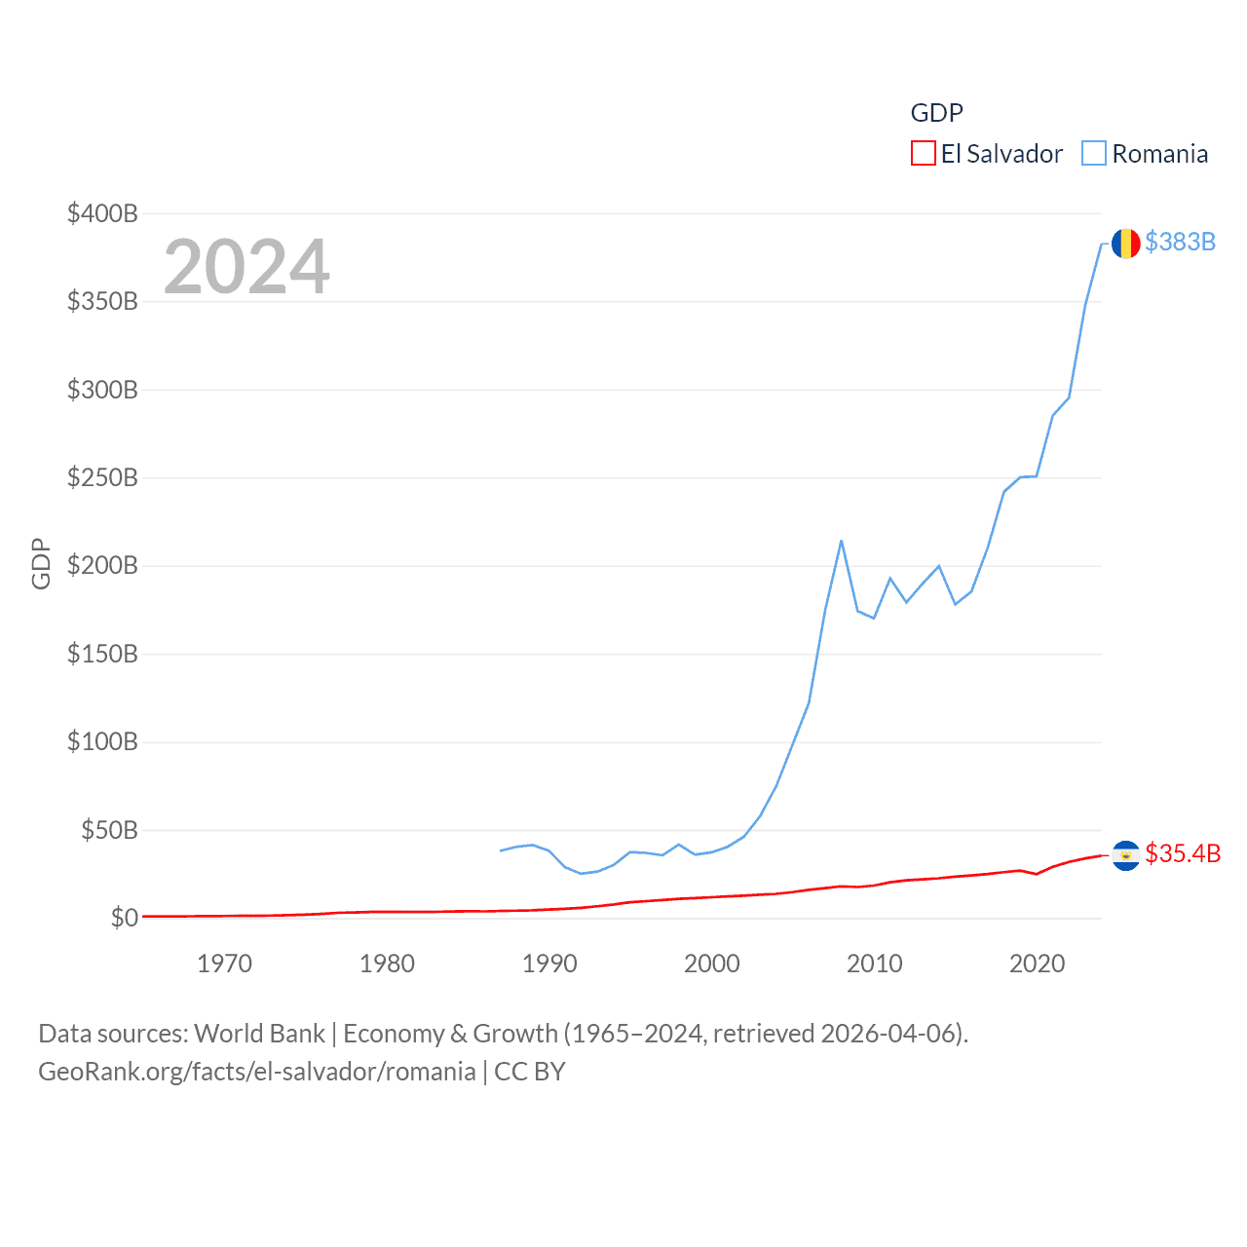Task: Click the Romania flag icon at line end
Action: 1125,243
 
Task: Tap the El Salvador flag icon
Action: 1125,855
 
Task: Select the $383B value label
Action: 1180,242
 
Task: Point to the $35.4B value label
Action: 1182,853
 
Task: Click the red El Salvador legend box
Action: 923,154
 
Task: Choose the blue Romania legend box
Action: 1094,154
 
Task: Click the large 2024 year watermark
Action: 246,267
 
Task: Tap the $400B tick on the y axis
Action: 102,213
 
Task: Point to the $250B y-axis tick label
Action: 102,477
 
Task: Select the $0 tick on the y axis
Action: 124,918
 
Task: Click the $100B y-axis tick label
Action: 102,741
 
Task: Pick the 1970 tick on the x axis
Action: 224,964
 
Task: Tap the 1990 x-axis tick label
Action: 549,964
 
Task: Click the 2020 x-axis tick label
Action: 1037,964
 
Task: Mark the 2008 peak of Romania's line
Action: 841,541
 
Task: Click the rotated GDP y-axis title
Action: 41,563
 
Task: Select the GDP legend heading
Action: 936,113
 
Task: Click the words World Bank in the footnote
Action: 259,1033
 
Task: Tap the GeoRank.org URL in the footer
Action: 257,1072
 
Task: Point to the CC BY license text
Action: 530,1072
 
